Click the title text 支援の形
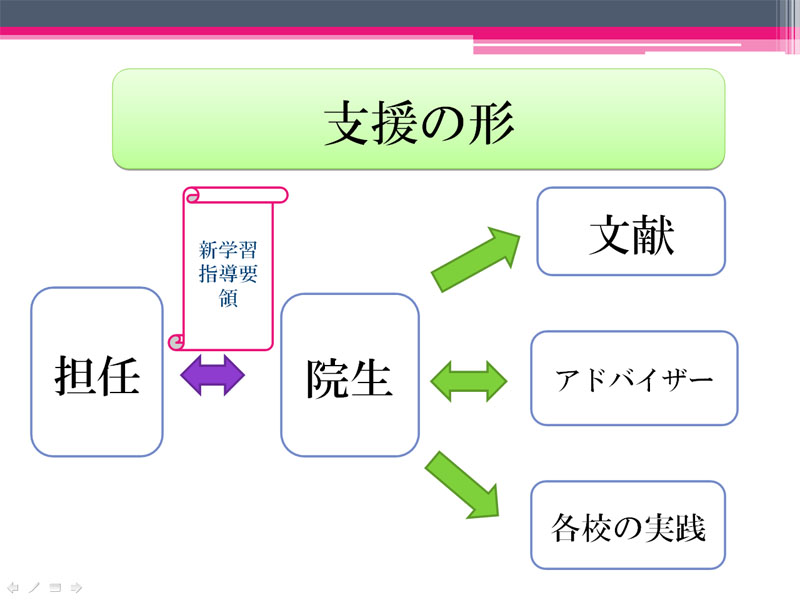pyautogui.click(x=419, y=123)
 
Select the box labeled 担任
pyautogui.click(x=97, y=372)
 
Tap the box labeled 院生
pyautogui.click(x=350, y=375)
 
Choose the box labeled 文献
pyautogui.click(x=631, y=231)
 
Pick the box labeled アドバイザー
pyautogui.click(x=634, y=378)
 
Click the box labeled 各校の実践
pyautogui.click(x=628, y=525)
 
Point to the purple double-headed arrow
pyautogui.click(x=213, y=376)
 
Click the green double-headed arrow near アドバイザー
pyautogui.click(x=469, y=381)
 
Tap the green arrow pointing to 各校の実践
pyautogui.click(x=462, y=485)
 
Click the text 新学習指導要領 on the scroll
pyautogui.click(x=228, y=273)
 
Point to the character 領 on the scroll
pyautogui.click(x=228, y=298)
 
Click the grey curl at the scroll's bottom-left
pyautogui.click(x=176, y=342)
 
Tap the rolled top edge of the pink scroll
pyautogui.click(x=236, y=195)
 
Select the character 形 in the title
pyautogui.click(x=491, y=123)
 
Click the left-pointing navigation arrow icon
pyautogui.click(x=13, y=588)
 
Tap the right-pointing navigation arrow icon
pyautogui.click(x=76, y=588)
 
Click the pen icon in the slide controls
pyautogui.click(x=34, y=588)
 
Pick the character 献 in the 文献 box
pyautogui.click(x=654, y=234)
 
